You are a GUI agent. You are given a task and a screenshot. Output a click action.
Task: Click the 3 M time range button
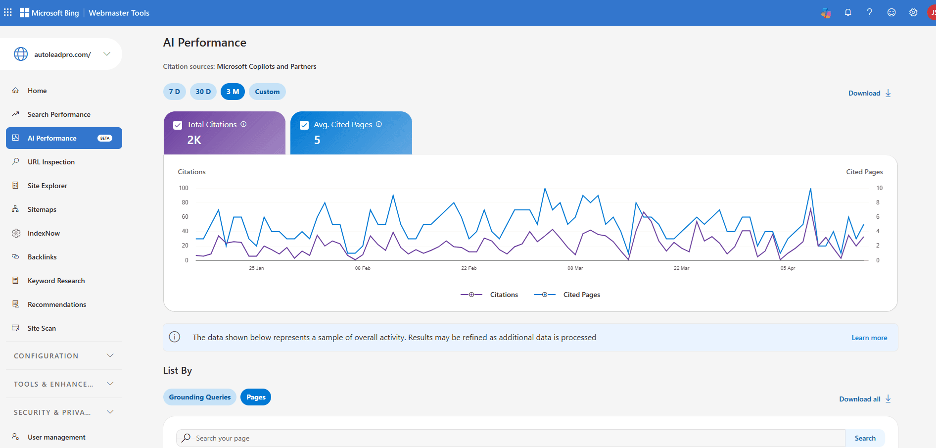pyautogui.click(x=233, y=92)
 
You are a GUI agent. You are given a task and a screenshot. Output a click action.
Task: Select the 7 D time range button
pyautogui.click(x=174, y=92)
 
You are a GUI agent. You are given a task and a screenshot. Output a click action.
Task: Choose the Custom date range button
pyautogui.click(x=267, y=92)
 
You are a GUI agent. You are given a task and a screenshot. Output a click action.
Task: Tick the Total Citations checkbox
pyautogui.click(x=178, y=125)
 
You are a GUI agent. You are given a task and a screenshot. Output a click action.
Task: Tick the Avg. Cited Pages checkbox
pyautogui.click(x=304, y=125)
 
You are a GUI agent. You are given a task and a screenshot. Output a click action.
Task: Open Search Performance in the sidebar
pyautogui.click(x=59, y=114)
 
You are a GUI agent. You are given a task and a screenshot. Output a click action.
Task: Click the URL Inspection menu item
pyautogui.click(x=51, y=162)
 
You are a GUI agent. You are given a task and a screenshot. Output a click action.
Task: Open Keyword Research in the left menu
pyautogui.click(x=56, y=281)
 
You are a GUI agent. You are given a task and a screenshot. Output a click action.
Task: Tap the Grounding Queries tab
pyautogui.click(x=200, y=397)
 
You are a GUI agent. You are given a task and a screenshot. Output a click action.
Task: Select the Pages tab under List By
pyautogui.click(x=256, y=397)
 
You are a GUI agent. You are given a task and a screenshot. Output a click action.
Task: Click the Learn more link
pyautogui.click(x=869, y=338)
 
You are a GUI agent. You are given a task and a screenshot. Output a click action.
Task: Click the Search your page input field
pyautogui.click(x=510, y=438)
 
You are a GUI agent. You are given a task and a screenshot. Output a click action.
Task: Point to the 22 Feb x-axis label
pyautogui.click(x=468, y=268)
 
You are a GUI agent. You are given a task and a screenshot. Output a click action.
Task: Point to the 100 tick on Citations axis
pyautogui.click(x=184, y=188)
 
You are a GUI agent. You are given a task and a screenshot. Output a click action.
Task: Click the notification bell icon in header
pyautogui.click(x=848, y=13)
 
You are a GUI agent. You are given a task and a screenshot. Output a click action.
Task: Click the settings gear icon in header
pyautogui.click(x=913, y=13)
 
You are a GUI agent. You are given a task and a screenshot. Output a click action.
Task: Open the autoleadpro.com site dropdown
pyautogui.click(x=107, y=54)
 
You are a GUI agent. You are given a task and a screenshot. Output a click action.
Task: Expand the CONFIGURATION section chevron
pyautogui.click(x=110, y=355)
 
